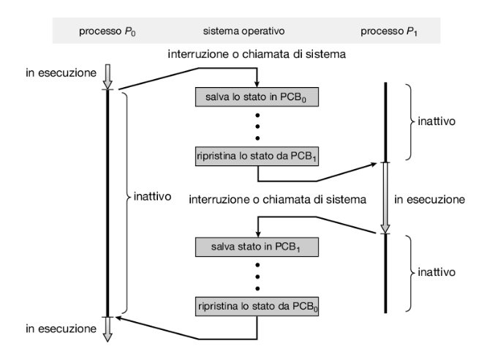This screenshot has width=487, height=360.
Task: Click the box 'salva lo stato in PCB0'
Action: (257, 97)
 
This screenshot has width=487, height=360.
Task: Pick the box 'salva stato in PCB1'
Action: (257, 247)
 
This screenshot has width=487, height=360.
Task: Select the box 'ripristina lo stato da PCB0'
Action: (257, 304)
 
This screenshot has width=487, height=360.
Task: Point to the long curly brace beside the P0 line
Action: (124, 198)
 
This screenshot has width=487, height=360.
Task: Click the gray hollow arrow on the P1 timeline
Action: (385, 198)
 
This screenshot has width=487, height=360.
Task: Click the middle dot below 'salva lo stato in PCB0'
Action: (257, 125)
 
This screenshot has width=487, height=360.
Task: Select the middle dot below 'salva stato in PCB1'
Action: (257, 276)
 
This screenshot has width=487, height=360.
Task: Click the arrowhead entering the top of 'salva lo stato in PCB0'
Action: (257, 83)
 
